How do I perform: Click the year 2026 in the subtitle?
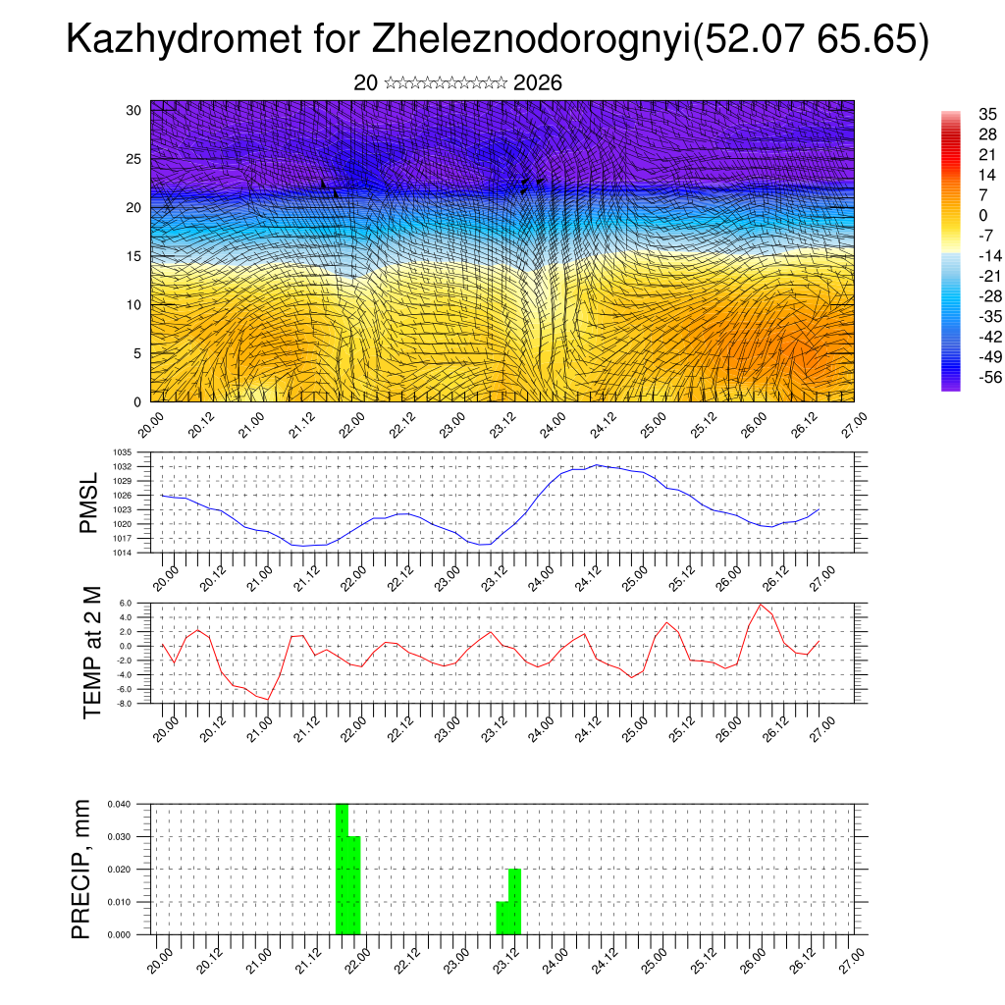coord(538,83)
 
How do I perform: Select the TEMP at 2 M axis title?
coord(92,652)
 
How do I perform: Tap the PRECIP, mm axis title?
coord(82,869)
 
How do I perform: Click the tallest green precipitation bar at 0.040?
coord(342,869)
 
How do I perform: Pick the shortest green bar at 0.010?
coord(502,918)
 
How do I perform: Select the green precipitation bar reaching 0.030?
coord(354,885)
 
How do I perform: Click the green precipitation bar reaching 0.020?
coord(514,902)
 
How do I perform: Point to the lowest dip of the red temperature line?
coord(267,700)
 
